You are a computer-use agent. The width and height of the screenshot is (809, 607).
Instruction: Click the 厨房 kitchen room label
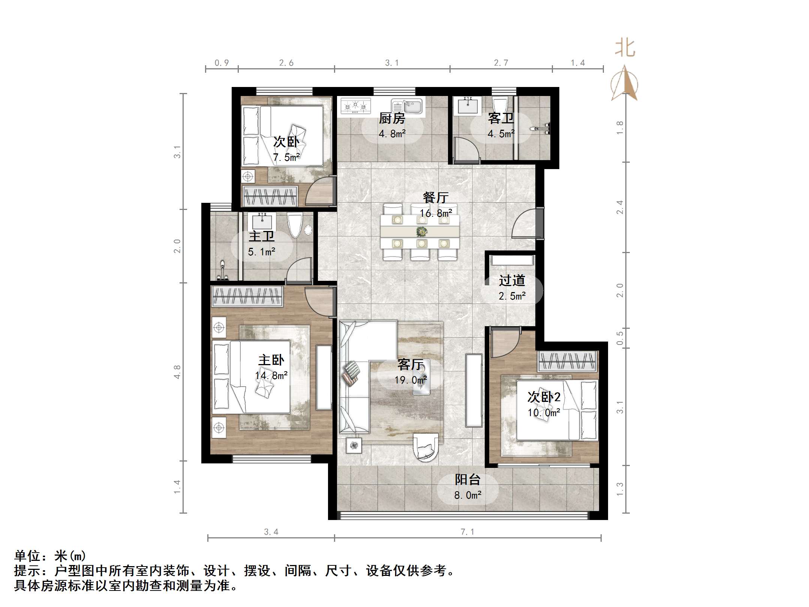[x=392, y=118]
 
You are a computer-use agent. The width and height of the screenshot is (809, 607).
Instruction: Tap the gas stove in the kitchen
[x=355, y=106]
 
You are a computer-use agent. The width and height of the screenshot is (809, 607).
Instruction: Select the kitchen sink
[x=407, y=106]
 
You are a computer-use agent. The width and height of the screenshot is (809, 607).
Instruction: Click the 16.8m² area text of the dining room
[x=436, y=213]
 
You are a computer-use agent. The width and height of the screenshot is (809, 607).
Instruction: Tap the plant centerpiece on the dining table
[x=422, y=232]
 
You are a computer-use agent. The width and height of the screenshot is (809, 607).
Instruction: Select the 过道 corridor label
[x=512, y=280]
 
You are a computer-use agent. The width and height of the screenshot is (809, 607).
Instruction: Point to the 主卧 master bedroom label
[x=271, y=360]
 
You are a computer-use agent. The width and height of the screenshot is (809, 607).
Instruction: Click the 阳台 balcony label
[x=467, y=480]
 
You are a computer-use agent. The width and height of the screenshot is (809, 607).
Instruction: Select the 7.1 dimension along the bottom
[x=467, y=532]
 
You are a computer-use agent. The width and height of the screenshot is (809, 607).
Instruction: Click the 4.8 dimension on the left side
[x=177, y=372]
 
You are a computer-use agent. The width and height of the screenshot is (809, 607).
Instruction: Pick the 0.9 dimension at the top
[x=222, y=63]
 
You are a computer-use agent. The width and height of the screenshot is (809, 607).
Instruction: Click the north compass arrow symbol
[x=624, y=83]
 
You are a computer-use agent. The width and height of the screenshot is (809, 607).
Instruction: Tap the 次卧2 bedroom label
[x=544, y=397]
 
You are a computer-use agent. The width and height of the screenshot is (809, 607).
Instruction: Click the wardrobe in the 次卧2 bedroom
[x=567, y=361]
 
